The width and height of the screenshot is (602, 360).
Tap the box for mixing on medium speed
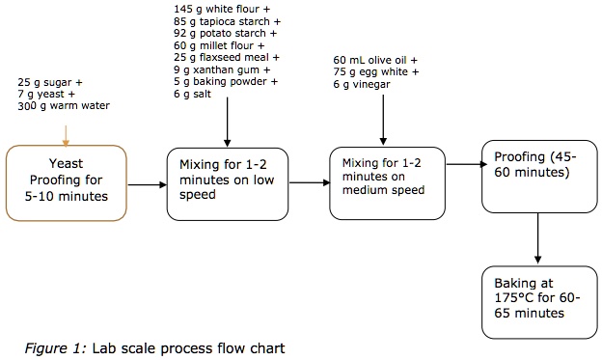(x=390, y=184)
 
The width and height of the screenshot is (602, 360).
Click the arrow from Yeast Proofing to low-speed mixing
(x=147, y=183)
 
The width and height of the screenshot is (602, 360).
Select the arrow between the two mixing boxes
(x=309, y=182)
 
